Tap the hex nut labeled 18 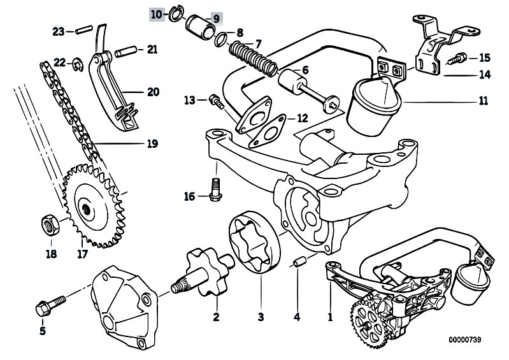pos(47,224)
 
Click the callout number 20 pos(152,92)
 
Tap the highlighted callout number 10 pos(156,14)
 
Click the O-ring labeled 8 pos(219,40)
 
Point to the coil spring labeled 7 pos(250,56)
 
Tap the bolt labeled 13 pos(214,99)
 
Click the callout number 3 pos(260,315)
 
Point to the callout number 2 pos(215,316)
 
